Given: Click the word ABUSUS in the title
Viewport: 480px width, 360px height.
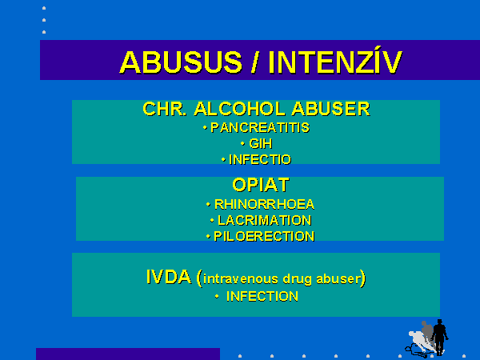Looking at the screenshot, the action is [181, 62].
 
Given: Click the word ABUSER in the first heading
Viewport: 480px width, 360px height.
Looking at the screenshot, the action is [330, 109].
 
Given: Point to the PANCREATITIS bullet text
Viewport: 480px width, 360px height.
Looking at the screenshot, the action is [260, 128].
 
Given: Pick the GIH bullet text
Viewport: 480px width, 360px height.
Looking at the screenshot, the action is [261, 143].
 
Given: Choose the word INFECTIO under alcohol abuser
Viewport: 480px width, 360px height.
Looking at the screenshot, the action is [260, 159].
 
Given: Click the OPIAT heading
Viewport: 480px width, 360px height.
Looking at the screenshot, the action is [261, 185].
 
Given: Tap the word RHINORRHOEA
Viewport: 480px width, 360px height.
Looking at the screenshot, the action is [264, 204].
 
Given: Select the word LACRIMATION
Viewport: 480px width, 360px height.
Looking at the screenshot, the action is [265, 220].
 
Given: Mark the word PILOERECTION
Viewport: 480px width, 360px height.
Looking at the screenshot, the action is [264, 236].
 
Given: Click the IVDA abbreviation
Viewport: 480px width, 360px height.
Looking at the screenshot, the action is [169, 277].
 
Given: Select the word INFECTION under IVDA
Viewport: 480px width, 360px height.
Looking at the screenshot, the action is [262, 296].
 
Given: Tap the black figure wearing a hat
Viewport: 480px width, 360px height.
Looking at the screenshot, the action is [439, 337].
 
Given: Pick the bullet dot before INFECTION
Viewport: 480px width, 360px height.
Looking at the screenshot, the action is [217, 296].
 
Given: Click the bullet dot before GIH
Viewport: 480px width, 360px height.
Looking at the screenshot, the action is [242, 143].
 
